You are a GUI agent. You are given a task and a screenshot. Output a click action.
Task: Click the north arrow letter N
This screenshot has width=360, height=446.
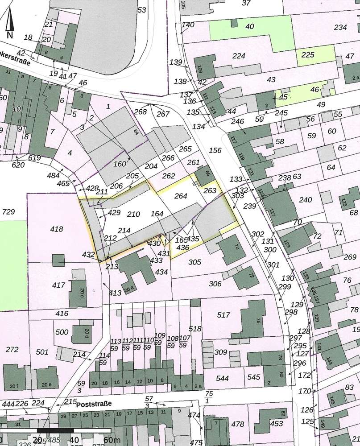(x=10, y=34)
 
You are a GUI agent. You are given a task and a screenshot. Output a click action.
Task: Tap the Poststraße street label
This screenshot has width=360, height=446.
(x=94, y=405)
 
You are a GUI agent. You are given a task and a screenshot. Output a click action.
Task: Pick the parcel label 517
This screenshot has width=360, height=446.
(x=223, y=315)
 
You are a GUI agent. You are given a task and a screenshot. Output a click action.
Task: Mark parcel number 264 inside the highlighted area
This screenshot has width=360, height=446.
(x=181, y=195)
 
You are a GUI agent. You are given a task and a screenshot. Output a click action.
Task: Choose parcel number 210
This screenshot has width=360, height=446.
(x=133, y=214)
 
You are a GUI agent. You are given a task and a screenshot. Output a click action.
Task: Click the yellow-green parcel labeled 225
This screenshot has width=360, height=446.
(x=308, y=55)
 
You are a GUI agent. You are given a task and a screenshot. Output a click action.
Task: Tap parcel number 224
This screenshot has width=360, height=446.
(x=239, y=56)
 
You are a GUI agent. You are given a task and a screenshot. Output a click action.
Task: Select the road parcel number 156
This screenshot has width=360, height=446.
(x=215, y=151)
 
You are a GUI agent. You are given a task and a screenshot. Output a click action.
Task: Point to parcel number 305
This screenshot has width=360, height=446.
(x=194, y=262)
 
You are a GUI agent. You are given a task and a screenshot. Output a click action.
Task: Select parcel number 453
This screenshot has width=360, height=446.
(x=277, y=424)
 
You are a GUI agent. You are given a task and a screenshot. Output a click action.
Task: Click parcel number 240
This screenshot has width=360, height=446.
(x=306, y=200)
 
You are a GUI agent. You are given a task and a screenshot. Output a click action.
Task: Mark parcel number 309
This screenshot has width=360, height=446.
(x=221, y=352)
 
